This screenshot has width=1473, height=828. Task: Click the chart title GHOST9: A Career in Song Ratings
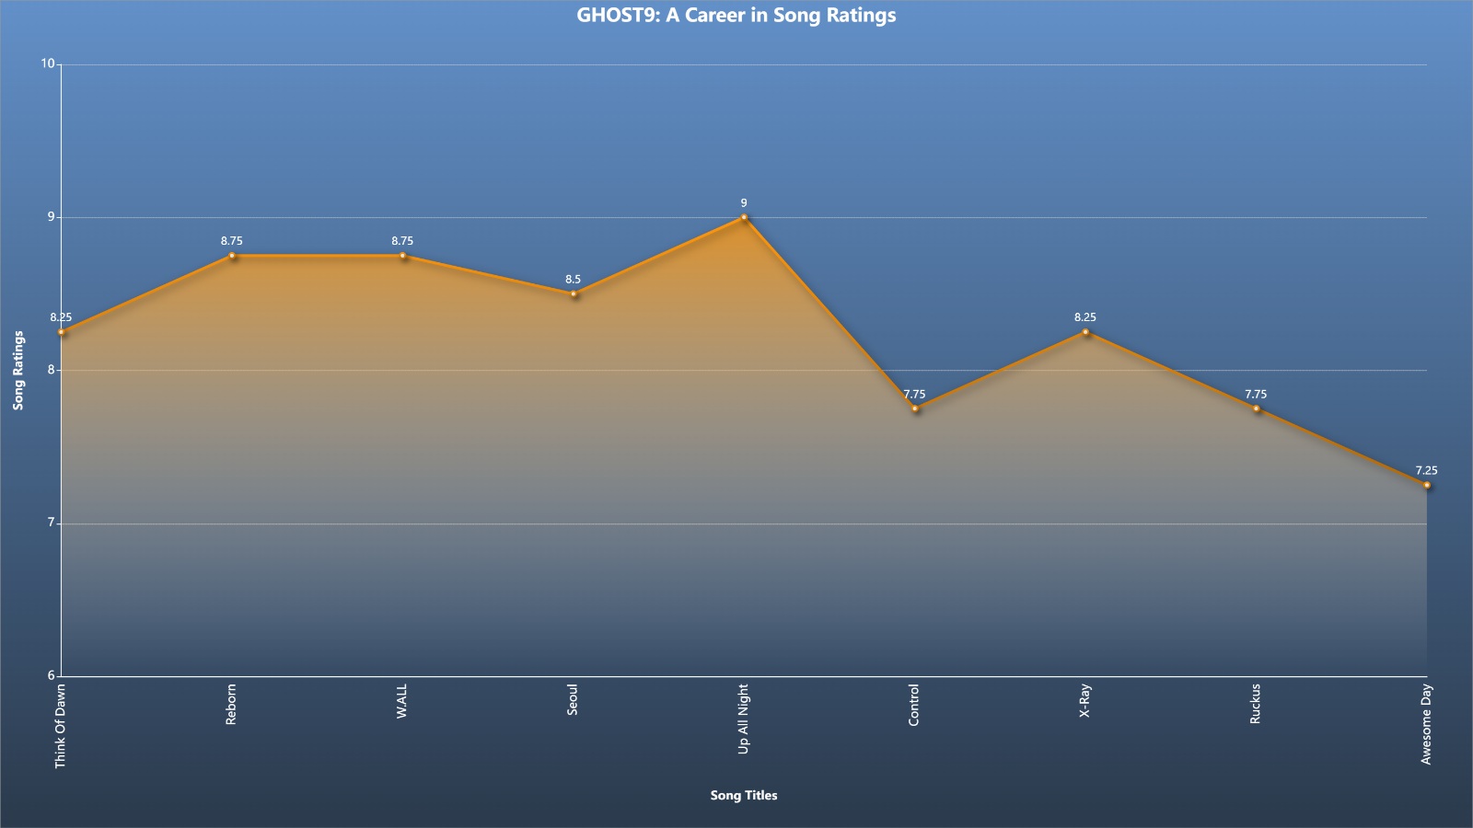point(736,15)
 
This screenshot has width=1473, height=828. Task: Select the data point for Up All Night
point(744,217)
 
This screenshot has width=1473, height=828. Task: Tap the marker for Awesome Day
point(1426,485)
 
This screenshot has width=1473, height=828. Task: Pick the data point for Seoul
point(574,293)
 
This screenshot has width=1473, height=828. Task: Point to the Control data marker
point(915,408)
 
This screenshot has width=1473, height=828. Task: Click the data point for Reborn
point(232,256)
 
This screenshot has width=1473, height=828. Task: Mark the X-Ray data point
point(1085,332)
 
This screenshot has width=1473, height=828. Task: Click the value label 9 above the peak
point(744,203)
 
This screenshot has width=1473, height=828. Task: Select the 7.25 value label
point(1426,470)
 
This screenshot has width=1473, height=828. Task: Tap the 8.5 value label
point(574,280)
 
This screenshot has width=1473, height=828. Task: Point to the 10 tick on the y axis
point(48,63)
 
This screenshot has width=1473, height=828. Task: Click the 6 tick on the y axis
point(52,675)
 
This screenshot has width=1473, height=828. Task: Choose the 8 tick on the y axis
point(52,369)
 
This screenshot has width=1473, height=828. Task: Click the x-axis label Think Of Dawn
point(60,726)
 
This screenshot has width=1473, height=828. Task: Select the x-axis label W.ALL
point(401,701)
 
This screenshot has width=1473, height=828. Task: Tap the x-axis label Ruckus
point(1256,704)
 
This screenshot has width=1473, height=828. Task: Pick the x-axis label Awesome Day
point(1426,724)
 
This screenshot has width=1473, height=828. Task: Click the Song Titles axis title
point(744,795)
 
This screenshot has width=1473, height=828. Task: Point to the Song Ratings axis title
point(18,370)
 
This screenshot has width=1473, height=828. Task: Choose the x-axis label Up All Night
point(744,719)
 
